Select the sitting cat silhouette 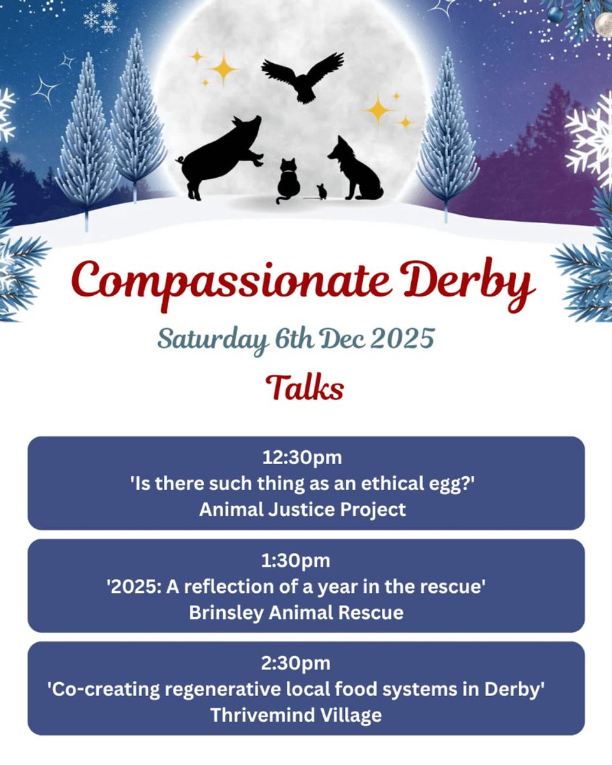[x=288, y=181]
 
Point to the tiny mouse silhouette [x=321, y=191]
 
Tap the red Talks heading [x=305, y=387]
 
